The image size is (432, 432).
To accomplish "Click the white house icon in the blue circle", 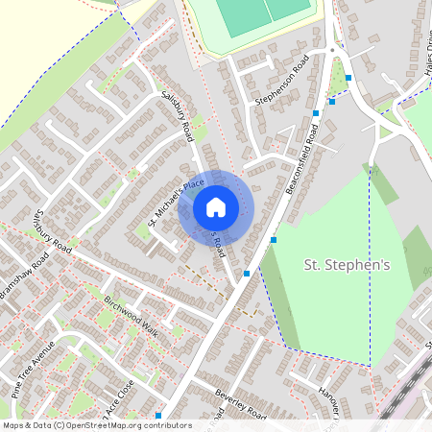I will (x=216, y=207).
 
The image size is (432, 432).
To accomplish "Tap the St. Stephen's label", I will (x=341, y=265).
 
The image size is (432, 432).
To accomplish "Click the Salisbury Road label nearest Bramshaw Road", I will (x=50, y=229).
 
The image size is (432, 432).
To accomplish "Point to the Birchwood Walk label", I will (x=130, y=313).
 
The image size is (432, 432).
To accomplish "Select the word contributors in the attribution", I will (x=169, y=425).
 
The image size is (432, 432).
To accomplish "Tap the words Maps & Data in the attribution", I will (x=24, y=425).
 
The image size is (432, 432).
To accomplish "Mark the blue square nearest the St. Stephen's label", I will (x=274, y=239).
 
